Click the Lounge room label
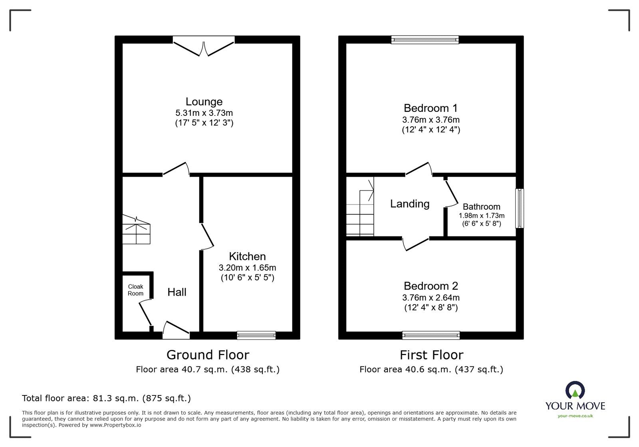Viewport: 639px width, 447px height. pos(204,101)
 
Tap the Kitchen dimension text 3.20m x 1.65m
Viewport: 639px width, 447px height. pos(247,268)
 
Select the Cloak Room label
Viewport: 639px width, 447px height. pos(135,290)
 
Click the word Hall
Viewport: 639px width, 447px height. pos(177,292)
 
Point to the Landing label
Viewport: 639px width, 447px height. pos(410,204)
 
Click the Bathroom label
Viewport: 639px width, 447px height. pos(481,207)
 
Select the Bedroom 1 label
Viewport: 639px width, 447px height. pos(431,108)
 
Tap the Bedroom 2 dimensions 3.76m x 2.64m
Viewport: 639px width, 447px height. pos(431,298)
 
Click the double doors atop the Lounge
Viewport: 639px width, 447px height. pos(204,46)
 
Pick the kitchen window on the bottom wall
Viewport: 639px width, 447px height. pos(256,335)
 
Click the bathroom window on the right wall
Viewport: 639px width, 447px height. pos(520,208)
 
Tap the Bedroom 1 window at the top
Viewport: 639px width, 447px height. pos(425,40)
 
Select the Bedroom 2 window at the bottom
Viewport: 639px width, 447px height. pos(431,335)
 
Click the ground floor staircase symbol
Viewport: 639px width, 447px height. pos(136,230)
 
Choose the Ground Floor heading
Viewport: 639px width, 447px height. pos(208,355)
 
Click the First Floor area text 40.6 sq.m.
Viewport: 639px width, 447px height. pos(431,370)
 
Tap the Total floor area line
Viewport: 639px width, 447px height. pos(106,398)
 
